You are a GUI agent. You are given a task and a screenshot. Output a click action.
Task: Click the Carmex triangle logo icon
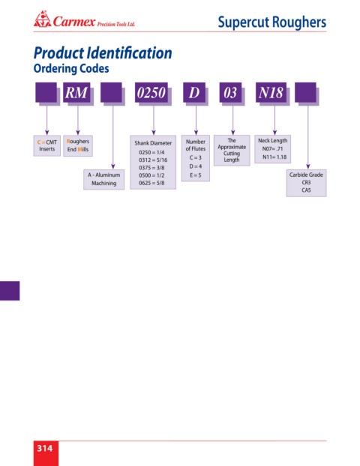(42, 19)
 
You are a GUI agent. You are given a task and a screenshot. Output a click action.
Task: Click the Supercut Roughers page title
(272, 22)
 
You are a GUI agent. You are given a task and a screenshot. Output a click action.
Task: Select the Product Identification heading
(103, 53)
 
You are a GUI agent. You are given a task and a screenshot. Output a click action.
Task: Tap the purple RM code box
(76, 92)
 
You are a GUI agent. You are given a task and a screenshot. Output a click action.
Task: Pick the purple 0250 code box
(151, 92)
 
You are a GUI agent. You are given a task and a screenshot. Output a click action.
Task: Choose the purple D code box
(194, 92)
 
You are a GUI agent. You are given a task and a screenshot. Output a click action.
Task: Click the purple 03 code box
(230, 92)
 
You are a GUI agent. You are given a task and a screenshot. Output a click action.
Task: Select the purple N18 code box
(271, 92)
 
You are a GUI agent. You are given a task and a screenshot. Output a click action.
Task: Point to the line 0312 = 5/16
(153, 160)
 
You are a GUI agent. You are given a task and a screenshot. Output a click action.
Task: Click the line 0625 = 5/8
(151, 183)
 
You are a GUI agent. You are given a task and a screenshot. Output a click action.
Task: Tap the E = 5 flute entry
(196, 175)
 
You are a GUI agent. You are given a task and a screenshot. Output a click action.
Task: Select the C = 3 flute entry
(196, 157)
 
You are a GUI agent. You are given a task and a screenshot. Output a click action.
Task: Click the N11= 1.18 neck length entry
(274, 157)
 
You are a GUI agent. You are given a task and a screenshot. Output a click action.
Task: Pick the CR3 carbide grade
(306, 183)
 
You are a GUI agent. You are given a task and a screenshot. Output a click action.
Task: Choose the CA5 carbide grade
(306, 190)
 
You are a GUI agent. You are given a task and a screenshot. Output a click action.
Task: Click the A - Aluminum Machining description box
(103, 180)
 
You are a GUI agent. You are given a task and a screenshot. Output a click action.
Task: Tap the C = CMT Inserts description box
(47, 145)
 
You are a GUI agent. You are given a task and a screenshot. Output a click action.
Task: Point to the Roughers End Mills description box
(78, 145)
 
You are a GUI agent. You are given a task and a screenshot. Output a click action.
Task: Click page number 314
(45, 448)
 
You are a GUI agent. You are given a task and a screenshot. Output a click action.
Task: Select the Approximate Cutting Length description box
(232, 151)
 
